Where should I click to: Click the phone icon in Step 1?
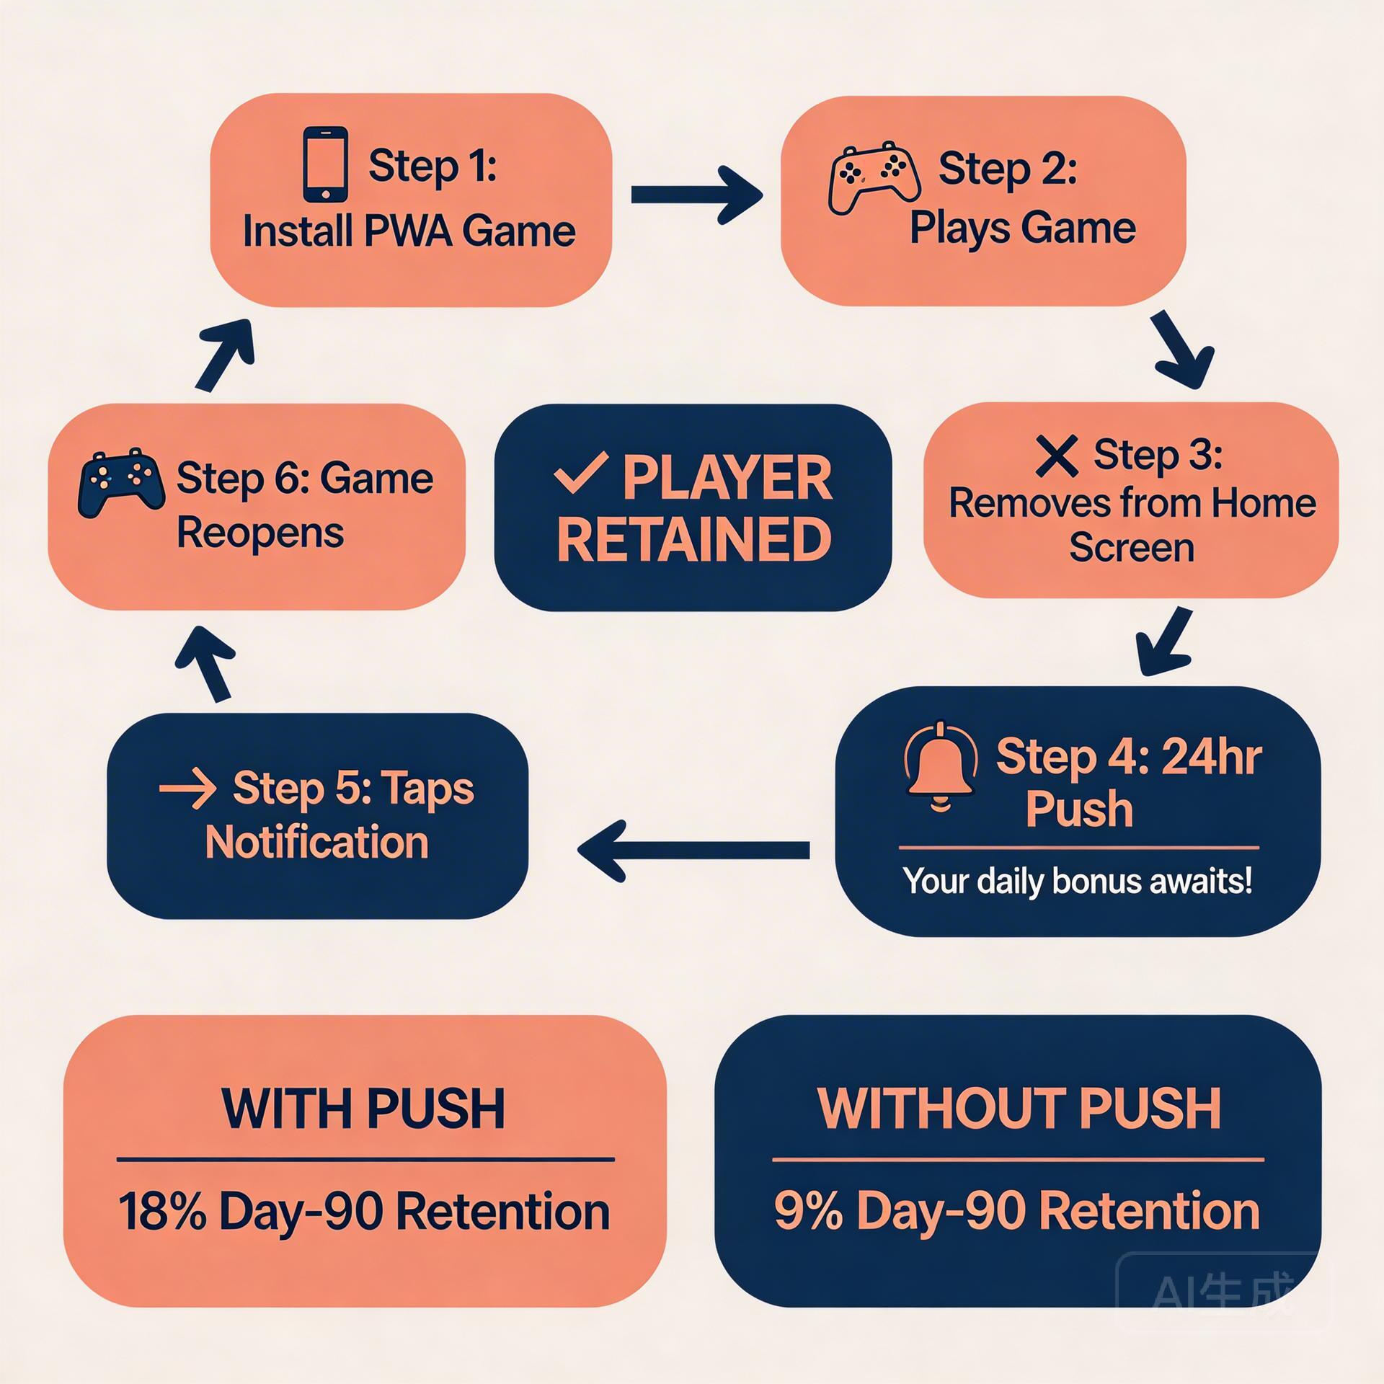(326, 165)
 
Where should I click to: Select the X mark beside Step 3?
(1056, 456)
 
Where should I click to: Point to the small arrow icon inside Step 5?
(187, 789)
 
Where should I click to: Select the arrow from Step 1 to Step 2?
(696, 195)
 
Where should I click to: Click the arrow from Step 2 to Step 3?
(1181, 351)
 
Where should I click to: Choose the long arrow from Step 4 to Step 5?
(693, 851)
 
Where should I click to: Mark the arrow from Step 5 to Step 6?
(207, 662)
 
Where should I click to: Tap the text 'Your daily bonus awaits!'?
(1077, 881)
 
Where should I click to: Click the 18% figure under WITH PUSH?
(162, 1211)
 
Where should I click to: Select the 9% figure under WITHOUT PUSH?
(808, 1211)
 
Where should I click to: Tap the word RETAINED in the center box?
(694, 540)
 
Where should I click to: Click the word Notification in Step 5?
(317, 842)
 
